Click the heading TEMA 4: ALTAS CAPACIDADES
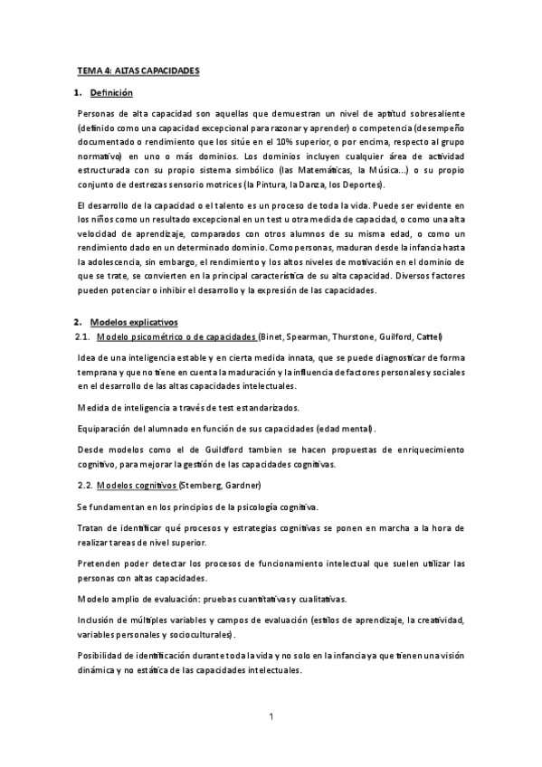point(138,70)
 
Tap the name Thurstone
point(357,336)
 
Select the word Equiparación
point(112,428)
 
